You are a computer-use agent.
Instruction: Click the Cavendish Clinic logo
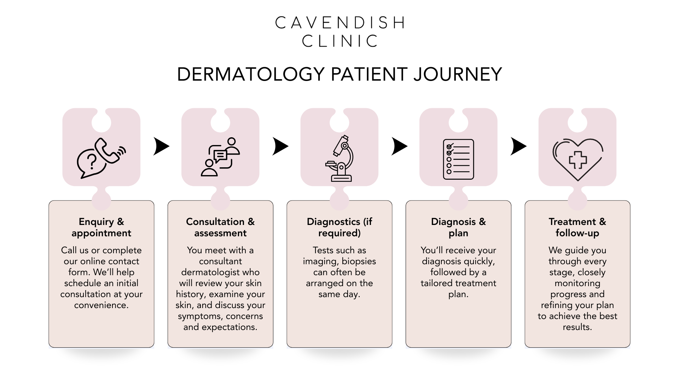(x=339, y=32)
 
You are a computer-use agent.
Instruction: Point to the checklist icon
(x=458, y=159)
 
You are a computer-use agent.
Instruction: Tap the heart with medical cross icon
(x=578, y=159)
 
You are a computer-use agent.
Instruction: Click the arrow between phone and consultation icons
(x=161, y=146)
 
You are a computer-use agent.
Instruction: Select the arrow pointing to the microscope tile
(x=280, y=146)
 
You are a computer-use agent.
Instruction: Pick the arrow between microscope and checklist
(x=399, y=146)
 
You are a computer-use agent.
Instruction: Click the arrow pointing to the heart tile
(x=518, y=146)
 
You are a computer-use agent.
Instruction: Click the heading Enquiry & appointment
(x=101, y=227)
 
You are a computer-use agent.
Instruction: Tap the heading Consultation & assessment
(x=220, y=227)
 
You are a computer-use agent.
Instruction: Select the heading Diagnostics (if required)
(x=339, y=227)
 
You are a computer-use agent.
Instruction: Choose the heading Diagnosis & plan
(x=458, y=227)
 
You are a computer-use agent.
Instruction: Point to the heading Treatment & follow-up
(x=578, y=227)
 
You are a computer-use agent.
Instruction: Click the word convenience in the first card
(x=101, y=305)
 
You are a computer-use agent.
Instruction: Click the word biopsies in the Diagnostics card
(x=359, y=261)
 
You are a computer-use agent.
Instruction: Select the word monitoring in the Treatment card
(x=578, y=283)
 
